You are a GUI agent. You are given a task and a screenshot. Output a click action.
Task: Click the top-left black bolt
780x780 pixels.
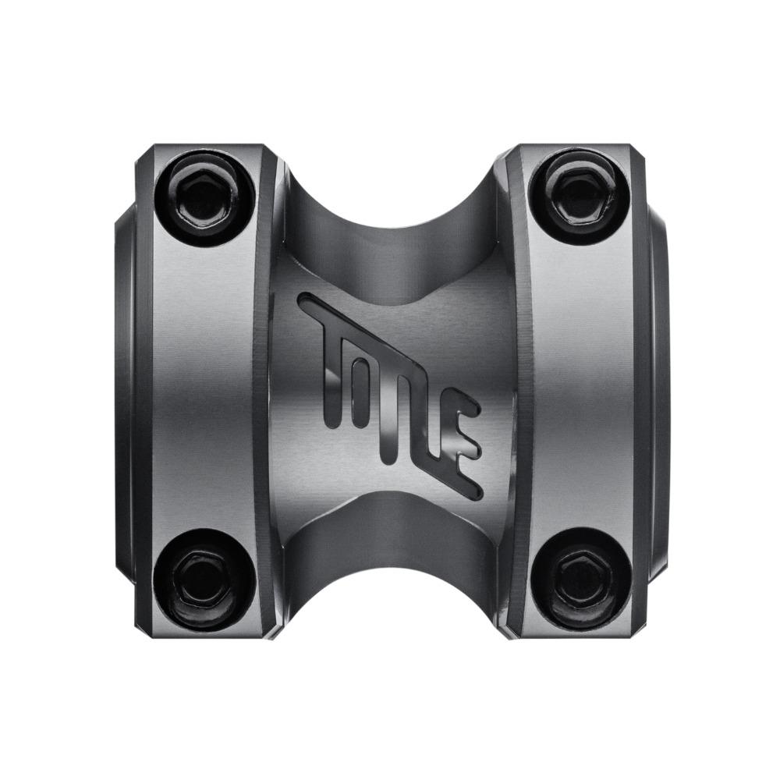[205, 194]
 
